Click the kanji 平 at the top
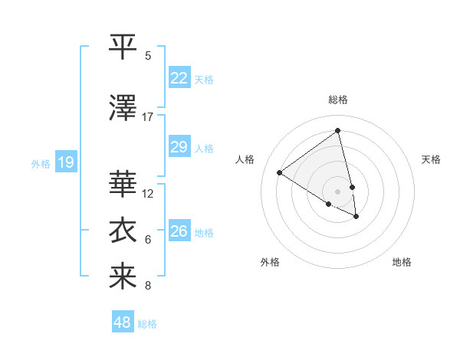coord(123,47)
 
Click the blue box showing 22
coord(179,77)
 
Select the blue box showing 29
coord(179,146)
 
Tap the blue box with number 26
coord(179,231)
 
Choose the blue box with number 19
coord(65,162)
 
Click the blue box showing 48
coord(123,322)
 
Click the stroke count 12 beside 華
coord(148,194)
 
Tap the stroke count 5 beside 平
coord(148,56)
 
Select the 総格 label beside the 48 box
coord(147,324)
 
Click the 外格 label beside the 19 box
coord(40,163)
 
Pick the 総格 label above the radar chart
coord(337,100)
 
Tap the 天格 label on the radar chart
coord(431,159)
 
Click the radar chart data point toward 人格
coord(279,172)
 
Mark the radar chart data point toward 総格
coord(337,130)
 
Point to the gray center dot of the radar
coord(337,191)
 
